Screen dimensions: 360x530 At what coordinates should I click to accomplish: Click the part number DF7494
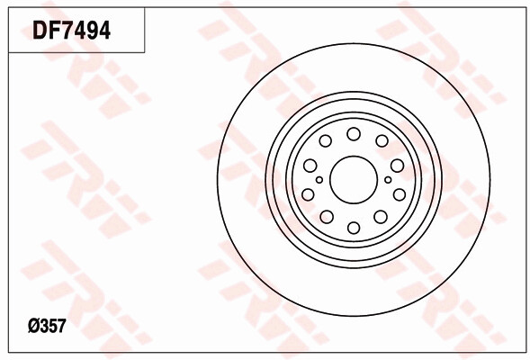click(72, 31)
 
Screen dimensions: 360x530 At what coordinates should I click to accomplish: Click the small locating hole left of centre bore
click(319, 179)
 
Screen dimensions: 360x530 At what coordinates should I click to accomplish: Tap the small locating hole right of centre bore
click(388, 179)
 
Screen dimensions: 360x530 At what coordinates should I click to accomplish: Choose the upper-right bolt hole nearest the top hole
click(382, 140)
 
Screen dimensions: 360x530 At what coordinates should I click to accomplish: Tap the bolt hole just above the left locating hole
click(310, 165)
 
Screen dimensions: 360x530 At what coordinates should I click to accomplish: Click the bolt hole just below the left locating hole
click(309, 194)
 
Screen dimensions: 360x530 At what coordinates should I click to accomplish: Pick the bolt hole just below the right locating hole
click(399, 194)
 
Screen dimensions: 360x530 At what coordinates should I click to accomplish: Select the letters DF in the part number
click(46, 31)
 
